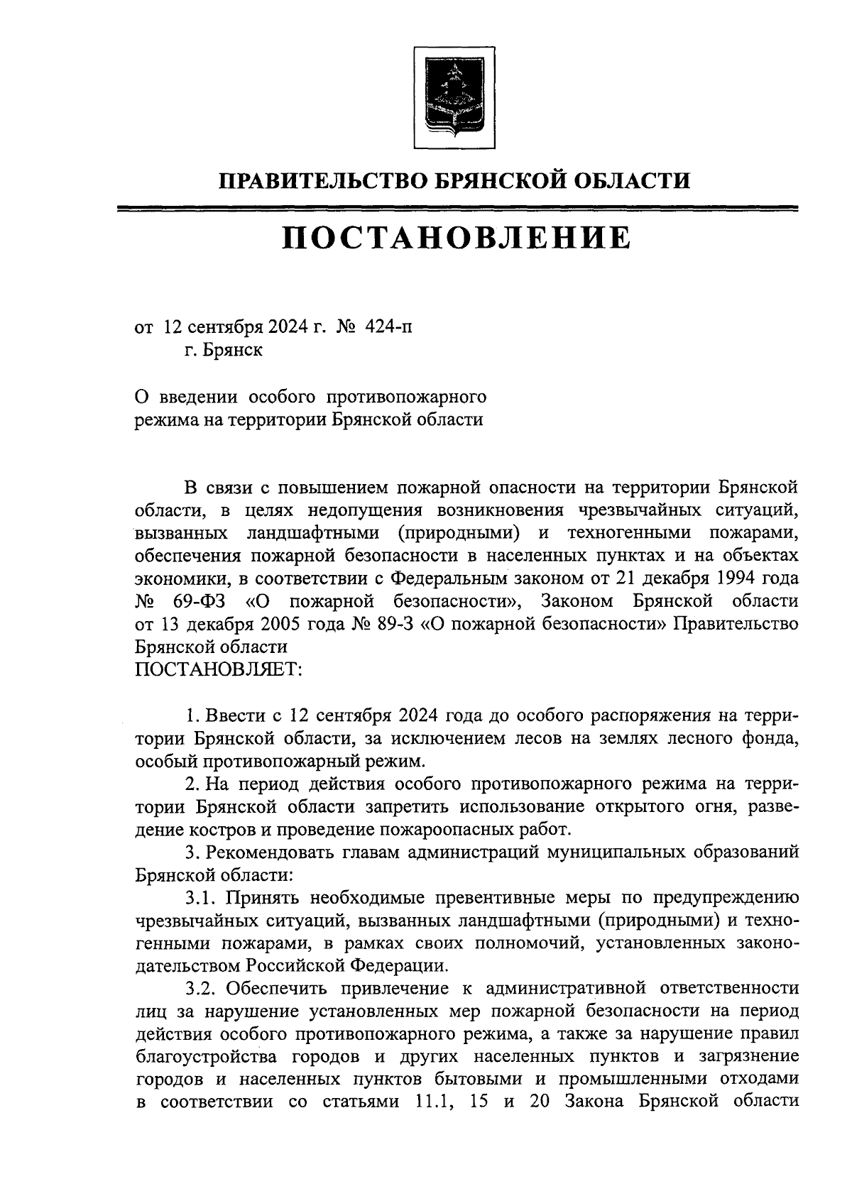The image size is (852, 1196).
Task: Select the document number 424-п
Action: click(388, 327)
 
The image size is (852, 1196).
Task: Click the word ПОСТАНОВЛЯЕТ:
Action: click(219, 670)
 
